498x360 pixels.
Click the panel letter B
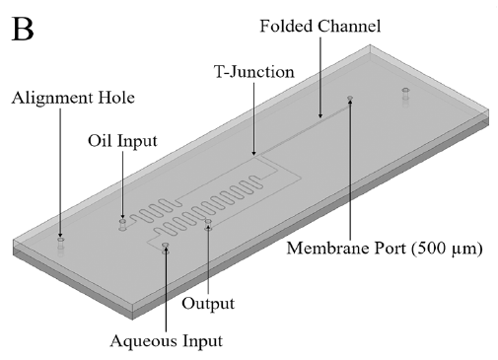pyautogui.click(x=23, y=29)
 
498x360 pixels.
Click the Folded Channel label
pyautogui.click(x=320, y=26)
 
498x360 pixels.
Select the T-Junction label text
pyautogui.click(x=254, y=72)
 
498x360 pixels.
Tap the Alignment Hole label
pyautogui.click(x=73, y=98)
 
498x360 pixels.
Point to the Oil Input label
pyautogui.click(x=122, y=141)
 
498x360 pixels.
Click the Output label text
pyautogui.click(x=208, y=303)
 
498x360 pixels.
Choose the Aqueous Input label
pyautogui.click(x=167, y=341)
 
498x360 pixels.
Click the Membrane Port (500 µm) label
pyautogui.click(x=385, y=249)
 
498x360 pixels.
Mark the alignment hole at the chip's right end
pyautogui.click(x=405, y=93)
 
